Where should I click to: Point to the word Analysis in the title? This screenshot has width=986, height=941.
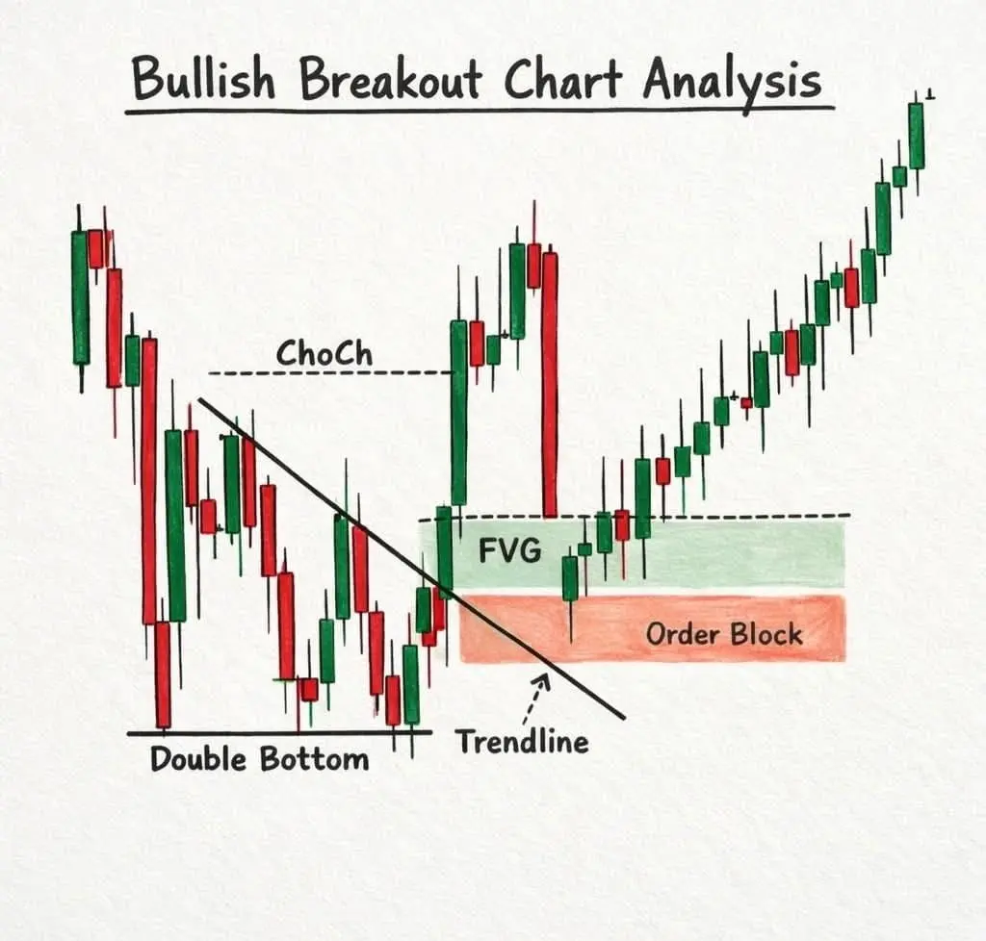[x=731, y=83]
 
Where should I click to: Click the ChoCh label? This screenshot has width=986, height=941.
[x=324, y=353]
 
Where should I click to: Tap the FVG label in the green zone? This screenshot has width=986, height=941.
[x=509, y=551]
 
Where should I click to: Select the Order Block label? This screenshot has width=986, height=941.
[x=724, y=634]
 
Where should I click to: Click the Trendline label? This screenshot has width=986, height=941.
[x=523, y=742]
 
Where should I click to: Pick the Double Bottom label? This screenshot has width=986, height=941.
[x=260, y=759]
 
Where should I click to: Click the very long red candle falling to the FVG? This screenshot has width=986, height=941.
[x=550, y=385]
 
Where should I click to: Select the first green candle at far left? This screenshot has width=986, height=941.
[x=81, y=297]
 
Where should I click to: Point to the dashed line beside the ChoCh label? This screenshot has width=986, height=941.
[x=330, y=373]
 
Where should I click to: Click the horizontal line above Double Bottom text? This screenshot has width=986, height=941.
[x=280, y=732]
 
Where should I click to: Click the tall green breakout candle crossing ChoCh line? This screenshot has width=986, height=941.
[x=458, y=413]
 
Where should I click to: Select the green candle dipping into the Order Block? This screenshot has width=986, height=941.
[x=570, y=578]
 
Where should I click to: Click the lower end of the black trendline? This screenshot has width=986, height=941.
[x=624, y=718]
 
